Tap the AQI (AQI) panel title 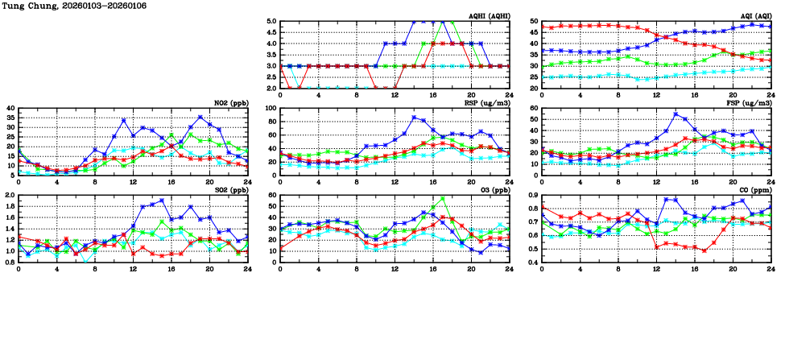pos(754,16)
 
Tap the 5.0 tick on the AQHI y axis pos(271,22)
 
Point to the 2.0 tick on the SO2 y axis pos(10,196)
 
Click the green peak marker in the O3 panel pos(442,198)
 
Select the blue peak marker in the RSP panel pos(414,118)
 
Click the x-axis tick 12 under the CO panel pos(656,268)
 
